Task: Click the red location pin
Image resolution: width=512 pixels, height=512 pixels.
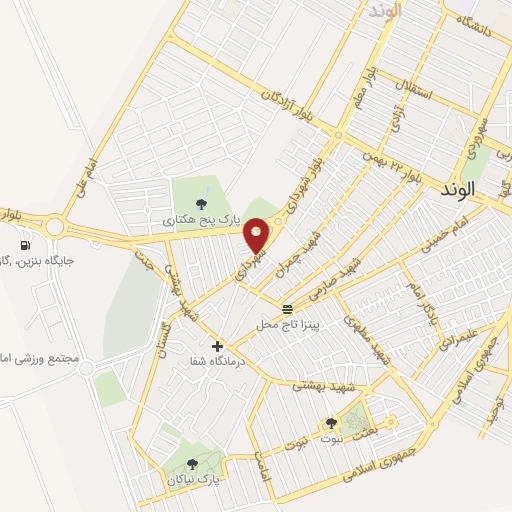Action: click(257, 234)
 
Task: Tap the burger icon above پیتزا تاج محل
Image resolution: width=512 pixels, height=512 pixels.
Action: click(288, 308)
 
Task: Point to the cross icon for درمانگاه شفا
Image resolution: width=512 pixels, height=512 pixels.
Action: click(217, 346)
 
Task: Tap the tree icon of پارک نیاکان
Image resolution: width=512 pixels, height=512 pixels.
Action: click(194, 464)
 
